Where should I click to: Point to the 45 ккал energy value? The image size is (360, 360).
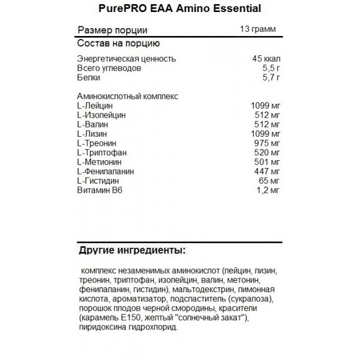[266, 59]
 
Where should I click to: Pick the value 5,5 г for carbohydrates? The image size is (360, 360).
[271, 68]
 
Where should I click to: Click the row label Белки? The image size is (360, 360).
[89, 78]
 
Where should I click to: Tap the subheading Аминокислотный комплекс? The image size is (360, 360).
[129, 96]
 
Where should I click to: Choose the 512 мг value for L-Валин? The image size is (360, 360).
[268, 124]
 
